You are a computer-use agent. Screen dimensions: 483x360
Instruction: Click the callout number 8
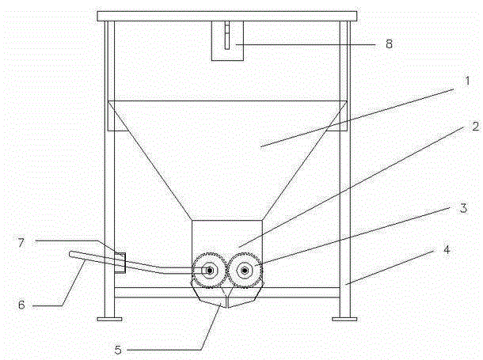pos(390,44)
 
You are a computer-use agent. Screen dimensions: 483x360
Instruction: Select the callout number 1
pos(468,81)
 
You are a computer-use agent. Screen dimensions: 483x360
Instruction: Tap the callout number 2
pos(476,126)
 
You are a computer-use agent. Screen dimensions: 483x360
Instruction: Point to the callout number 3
pos(463,208)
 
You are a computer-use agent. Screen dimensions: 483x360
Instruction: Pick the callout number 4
pos(447,249)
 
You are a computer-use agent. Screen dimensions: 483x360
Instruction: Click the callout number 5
pos(118,350)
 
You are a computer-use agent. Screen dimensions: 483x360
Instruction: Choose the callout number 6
pos(21,305)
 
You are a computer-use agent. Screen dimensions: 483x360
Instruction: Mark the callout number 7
pos(21,243)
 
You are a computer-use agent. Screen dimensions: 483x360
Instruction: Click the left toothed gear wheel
pos(210,271)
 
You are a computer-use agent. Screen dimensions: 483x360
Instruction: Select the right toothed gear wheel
pos(245,271)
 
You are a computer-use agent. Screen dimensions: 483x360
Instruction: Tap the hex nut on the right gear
pos(245,271)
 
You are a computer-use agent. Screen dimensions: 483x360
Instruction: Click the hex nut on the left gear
pos(210,271)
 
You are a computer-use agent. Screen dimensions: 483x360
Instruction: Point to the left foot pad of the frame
pos(109,319)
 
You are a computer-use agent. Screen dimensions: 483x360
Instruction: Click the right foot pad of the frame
pos(344,319)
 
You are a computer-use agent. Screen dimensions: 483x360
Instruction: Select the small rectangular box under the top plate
pos(227,40)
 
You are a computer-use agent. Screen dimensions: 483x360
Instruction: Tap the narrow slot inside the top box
pos(227,36)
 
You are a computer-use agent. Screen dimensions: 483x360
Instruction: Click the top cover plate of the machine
pos(227,17)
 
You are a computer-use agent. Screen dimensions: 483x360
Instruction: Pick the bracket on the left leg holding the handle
pos(120,263)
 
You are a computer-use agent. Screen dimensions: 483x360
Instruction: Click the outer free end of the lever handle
pos(71,255)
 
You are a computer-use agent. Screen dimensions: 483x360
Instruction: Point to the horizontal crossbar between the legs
pos(227,292)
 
